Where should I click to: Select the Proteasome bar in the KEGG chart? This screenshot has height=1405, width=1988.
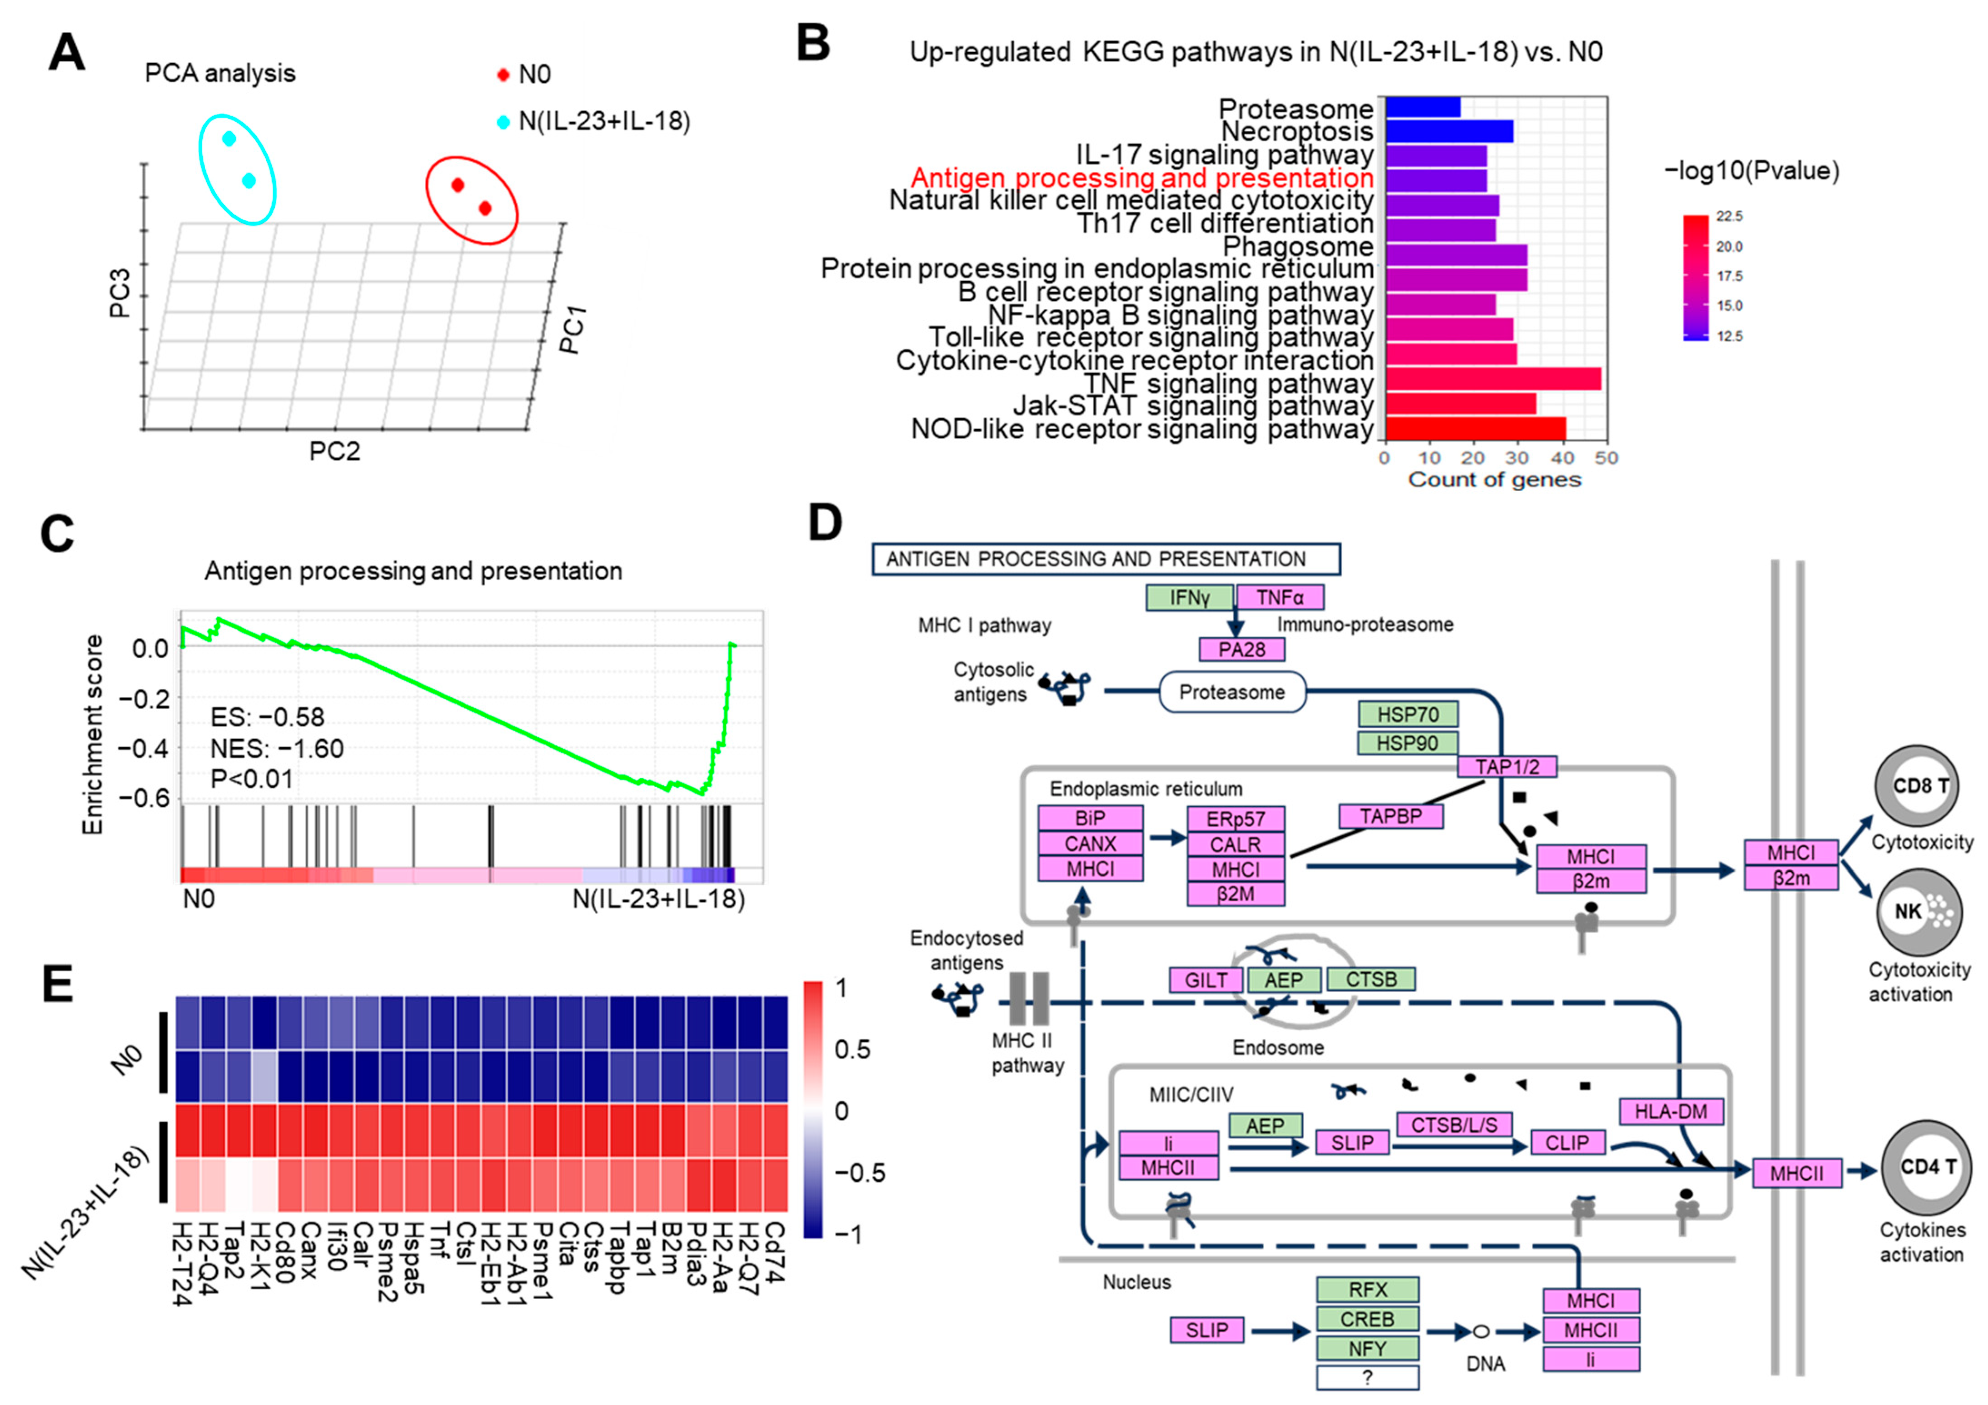(x=1423, y=107)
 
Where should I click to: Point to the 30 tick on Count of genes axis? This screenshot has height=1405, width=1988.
(x=1517, y=458)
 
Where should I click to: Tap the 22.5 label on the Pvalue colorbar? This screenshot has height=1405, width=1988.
(x=1729, y=216)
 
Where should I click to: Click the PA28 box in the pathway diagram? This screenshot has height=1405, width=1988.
(x=1241, y=649)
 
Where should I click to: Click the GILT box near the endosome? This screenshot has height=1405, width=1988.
(x=1205, y=980)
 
